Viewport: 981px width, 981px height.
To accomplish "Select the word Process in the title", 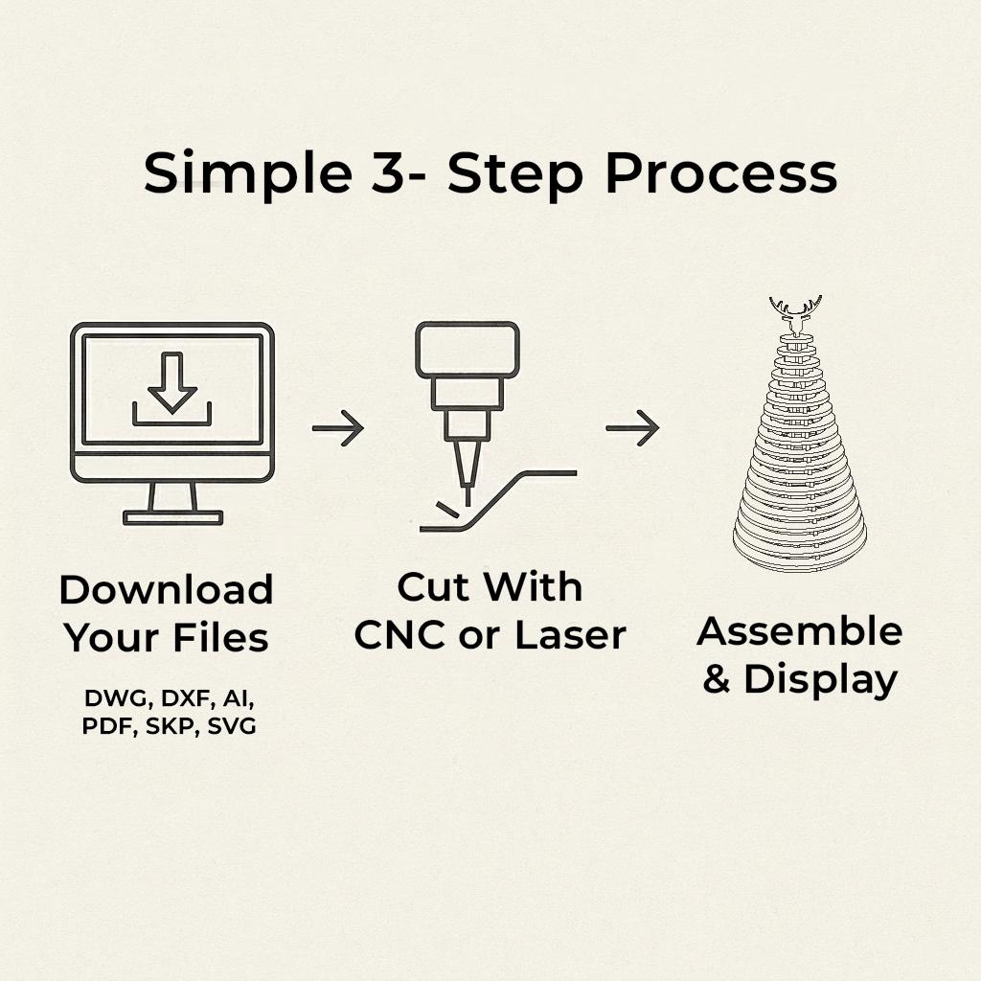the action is [721, 174].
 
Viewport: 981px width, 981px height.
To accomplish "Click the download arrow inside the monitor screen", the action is [172, 383].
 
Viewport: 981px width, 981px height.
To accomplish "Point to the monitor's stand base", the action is [172, 517].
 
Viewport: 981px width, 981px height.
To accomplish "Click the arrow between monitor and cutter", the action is [338, 428].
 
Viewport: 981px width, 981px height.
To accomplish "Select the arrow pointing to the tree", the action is [632, 428].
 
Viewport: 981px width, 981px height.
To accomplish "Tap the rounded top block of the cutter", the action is [468, 349].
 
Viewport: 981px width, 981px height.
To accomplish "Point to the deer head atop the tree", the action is [796, 315].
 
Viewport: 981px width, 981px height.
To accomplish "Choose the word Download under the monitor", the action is [167, 589].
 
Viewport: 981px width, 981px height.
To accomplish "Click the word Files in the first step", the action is [220, 637].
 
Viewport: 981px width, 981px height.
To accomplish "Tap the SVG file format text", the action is [232, 726].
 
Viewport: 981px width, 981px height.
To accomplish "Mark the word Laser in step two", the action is [570, 635].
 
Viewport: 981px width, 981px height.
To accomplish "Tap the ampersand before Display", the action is [717, 678].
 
